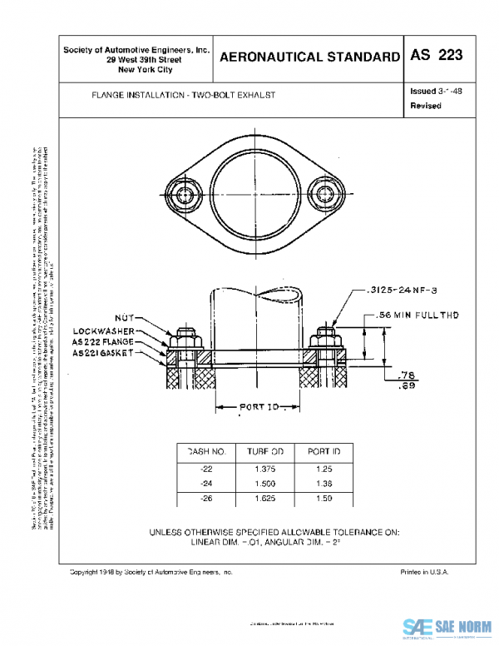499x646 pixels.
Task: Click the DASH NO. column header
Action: coord(206,450)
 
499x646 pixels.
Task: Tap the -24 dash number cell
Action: coord(207,484)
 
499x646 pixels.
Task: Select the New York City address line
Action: coord(137,70)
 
